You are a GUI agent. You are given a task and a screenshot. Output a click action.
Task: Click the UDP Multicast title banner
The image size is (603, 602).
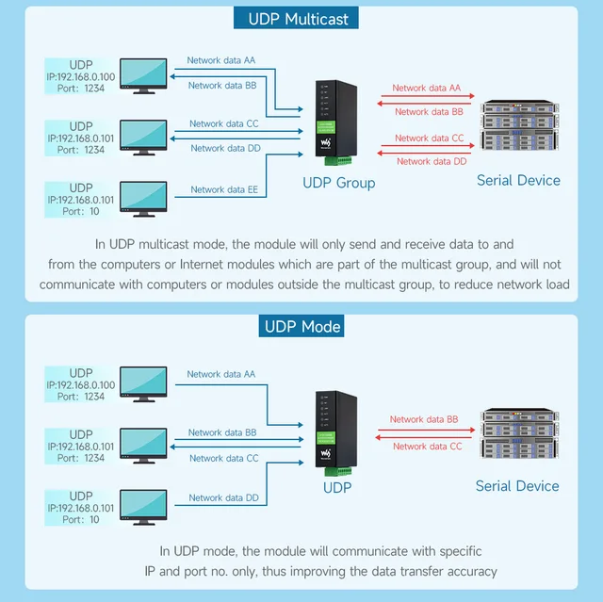(301, 19)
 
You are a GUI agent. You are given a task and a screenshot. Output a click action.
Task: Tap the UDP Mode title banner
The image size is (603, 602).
(301, 327)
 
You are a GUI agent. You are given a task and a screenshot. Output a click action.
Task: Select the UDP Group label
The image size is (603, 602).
(338, 182)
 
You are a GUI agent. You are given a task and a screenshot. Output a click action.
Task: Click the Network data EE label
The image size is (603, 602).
(224, 189)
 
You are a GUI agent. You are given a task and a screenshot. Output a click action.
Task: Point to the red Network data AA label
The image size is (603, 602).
(427, 88)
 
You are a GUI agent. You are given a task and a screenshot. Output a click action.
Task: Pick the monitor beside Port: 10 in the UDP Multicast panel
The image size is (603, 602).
(138, 200)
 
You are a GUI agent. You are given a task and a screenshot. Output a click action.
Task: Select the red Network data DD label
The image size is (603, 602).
(432, 161)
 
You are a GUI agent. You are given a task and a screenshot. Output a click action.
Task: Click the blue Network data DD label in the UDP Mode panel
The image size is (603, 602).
(223, 497)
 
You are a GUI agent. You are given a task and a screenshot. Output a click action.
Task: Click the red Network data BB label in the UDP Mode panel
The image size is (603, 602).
(424, 419)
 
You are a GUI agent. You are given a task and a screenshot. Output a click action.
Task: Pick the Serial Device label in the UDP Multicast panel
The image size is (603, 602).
(518, 180)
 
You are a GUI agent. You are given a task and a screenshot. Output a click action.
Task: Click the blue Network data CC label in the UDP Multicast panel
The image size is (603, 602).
(223, 123)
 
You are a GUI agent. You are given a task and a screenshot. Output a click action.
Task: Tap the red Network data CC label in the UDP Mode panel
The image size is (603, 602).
(427, 446)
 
